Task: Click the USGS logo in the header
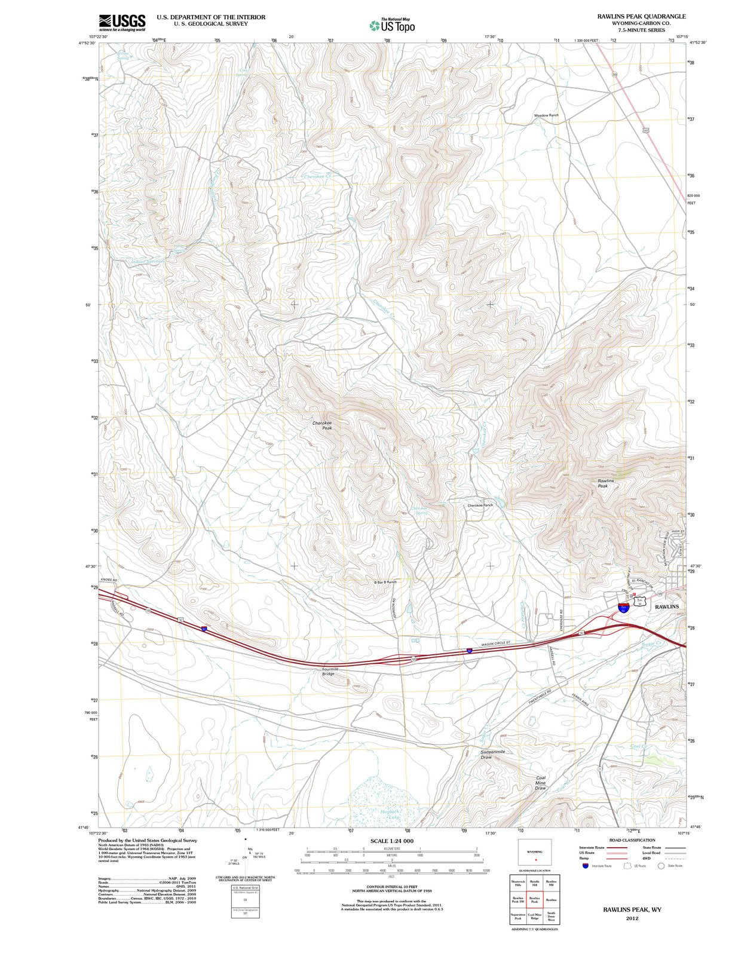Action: (x=122, y=23)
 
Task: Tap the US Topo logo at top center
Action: (x=392, y=25)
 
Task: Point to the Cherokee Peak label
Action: (x=322, y=425)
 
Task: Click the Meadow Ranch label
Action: (x=546, y=115)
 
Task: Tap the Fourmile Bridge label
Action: (x=330, y=672)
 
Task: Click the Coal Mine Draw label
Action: (x=540, y=783)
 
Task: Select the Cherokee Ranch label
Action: (x=480, y=505)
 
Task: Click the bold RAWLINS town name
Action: (x=667, y=606)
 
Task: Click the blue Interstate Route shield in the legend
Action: (x=584, y=865)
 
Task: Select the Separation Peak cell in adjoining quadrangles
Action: (x=518, y=917)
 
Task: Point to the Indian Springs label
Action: (x=146, y=262)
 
